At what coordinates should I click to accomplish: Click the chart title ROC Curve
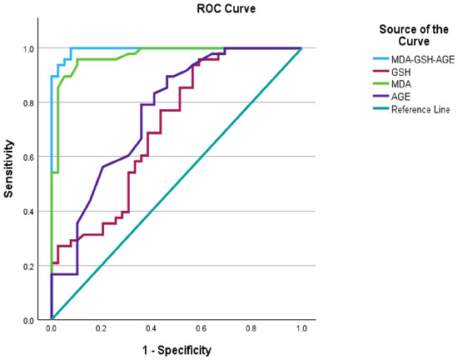(226, 8)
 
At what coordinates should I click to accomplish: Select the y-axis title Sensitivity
(9, 169)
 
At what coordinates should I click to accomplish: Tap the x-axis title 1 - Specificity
(177, 350)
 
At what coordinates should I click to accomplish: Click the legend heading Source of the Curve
(414, 35)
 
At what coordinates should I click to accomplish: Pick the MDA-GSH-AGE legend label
(423, 60)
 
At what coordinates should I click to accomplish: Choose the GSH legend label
(401, 72)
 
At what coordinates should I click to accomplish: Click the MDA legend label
(401, 84)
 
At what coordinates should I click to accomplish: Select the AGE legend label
(401, 97)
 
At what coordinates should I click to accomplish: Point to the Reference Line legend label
(421, 109)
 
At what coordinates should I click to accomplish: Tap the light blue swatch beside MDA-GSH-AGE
(381, 58)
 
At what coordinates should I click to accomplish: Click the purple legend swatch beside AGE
(381, 96)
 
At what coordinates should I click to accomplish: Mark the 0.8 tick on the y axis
(28, 102)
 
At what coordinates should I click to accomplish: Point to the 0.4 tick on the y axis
(28, 212)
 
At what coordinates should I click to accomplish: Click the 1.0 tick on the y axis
(28, 48)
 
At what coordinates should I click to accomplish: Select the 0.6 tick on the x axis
(201, 328)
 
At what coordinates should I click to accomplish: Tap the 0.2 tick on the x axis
(101, 328)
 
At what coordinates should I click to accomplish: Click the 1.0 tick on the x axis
(301, 328)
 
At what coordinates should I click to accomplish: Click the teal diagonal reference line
(177, 184)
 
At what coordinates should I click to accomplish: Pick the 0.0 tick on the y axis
(28, 321)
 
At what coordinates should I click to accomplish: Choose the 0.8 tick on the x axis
(251, 328)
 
